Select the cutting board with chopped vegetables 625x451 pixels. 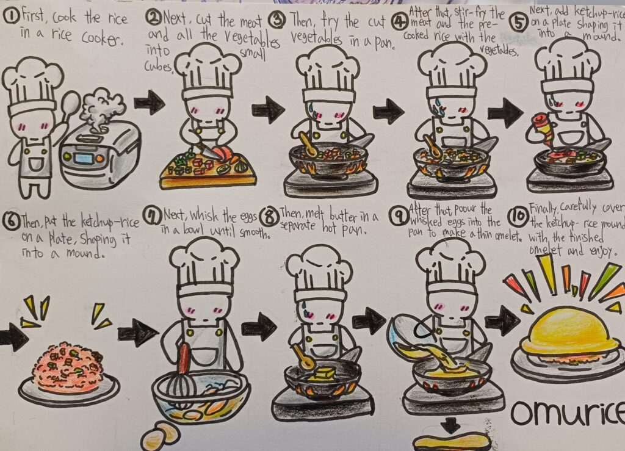point(207,173)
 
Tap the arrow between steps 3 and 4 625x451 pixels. point(388,111)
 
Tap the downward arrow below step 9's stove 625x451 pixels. point(451,424)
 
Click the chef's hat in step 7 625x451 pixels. point(204,262)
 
